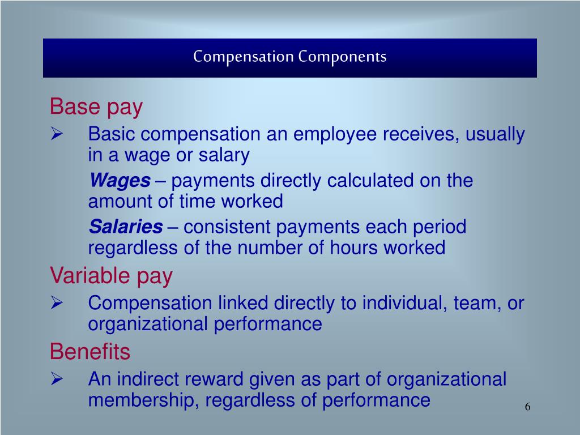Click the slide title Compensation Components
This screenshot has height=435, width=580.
point(289,57)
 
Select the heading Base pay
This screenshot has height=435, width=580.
point(96,106)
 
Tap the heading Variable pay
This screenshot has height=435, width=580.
point(111,276)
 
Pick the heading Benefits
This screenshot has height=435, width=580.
point(90,352)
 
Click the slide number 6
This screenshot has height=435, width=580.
point(527,407)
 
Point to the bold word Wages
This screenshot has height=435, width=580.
point(120,181)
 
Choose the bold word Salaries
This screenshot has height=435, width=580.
point(126,227)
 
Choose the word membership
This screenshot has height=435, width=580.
point(144,400)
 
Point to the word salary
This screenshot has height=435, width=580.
point(223,155)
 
